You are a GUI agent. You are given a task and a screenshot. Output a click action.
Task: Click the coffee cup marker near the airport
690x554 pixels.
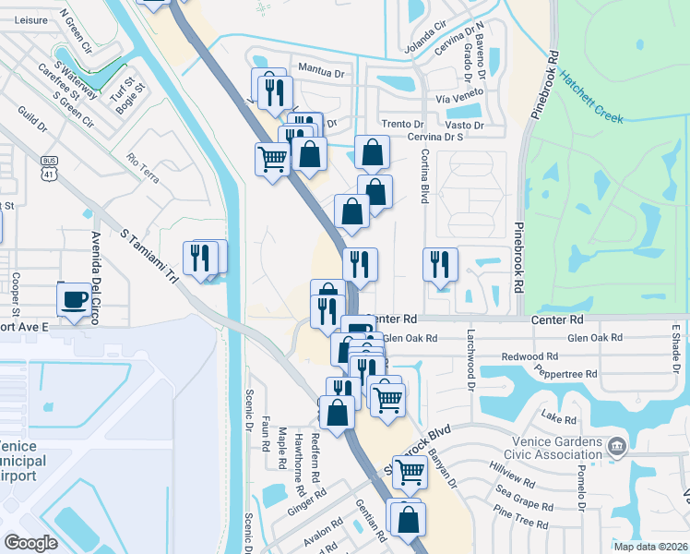coord(75,299)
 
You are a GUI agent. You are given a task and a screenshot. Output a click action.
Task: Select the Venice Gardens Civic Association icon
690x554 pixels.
coord(616,448)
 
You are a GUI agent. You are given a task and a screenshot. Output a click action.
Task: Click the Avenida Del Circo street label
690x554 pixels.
coord(94,274)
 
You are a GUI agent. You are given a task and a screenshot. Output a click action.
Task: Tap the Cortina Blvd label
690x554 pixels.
coord(425,178)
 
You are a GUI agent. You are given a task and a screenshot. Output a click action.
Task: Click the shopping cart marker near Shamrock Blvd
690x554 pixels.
coord(410,472)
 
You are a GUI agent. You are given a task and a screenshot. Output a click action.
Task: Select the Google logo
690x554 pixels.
coord(30,543)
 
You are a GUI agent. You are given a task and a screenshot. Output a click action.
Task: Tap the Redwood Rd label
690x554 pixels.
coord(529,356)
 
